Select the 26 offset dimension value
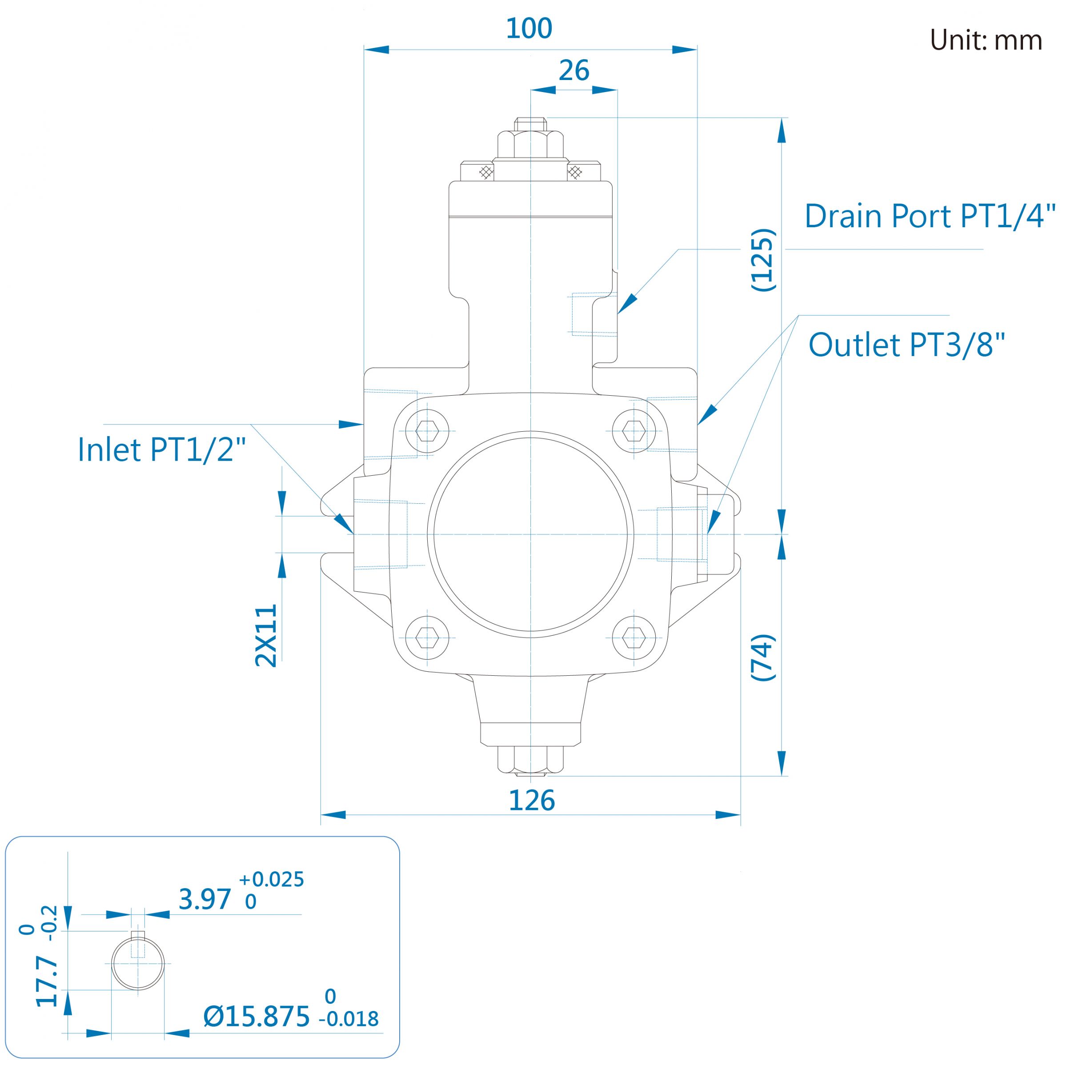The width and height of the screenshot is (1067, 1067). pyautogui.click(x=574, y=71)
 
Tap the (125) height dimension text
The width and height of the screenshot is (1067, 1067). pyautogui.click(x=763, y=260)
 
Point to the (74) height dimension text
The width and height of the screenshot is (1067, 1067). pyautogui.click(x=763, y=657)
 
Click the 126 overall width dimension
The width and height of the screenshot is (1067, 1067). pyautogui.click(x=531, y=800)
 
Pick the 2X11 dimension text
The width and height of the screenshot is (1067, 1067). pyautogui.click(x=266, y=636)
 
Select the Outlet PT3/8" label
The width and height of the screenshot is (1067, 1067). pyautogui.click(x=907, y=345)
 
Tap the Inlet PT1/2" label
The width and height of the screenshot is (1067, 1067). pyautogui.click(x=161, y=449)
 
